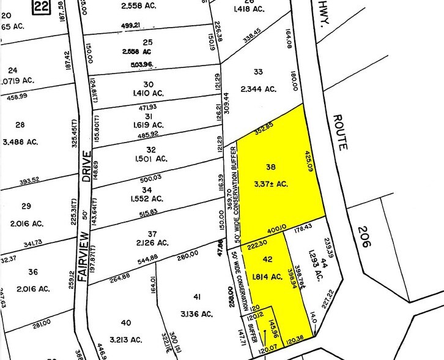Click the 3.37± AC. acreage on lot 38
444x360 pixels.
(271, 183)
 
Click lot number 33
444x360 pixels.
(257, 72)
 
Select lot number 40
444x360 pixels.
(126, 323)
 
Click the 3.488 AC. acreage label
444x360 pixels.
(20, 141)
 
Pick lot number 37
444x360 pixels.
(152, 234)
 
